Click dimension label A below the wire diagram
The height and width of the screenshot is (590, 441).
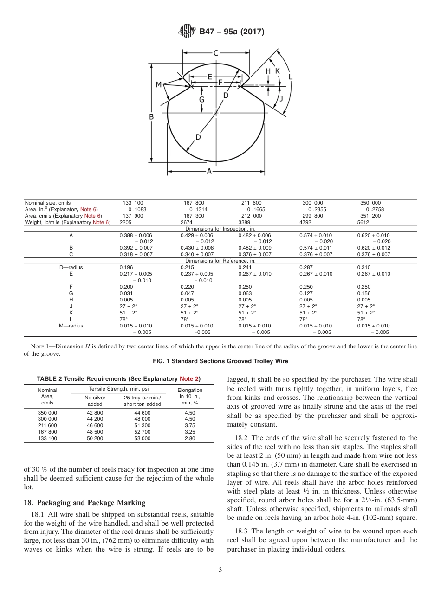(209, 171)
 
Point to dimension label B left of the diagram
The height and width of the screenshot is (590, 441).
(151, 117)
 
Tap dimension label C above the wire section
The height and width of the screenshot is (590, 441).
(216, 53)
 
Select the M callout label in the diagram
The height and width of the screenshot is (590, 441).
(159, 84)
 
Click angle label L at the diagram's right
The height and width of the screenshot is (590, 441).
(291, 77)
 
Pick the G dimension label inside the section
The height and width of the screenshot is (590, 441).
(202, 99)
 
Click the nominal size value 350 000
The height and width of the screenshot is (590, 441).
(370, 203)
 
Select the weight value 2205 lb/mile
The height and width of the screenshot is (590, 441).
(125, 223)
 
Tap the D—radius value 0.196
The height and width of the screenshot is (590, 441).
(126, 268)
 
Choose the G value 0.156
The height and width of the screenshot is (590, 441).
(363, 294)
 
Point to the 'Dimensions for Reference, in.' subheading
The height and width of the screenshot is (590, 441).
(220, 261)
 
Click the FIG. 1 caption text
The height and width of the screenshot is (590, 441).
(220, 361)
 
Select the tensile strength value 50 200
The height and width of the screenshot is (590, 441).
(95, 438)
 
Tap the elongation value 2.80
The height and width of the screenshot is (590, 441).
(190, 438)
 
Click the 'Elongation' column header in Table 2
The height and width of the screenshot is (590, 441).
(190, 391)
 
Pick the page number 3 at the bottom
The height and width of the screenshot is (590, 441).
(220, 570)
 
